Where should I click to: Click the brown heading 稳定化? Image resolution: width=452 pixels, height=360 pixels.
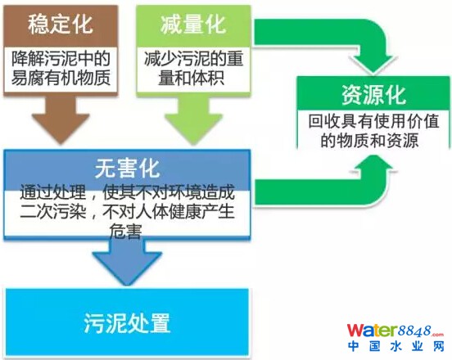[x=61, y=25]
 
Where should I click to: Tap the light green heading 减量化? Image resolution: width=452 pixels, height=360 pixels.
[x=193, y=25]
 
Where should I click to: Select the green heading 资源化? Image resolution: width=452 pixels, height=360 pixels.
[x=373, y=95]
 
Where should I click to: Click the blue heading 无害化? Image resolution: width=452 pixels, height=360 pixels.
[x=127, y=169]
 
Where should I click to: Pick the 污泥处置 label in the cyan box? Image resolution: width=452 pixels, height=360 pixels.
[x=127, y=323]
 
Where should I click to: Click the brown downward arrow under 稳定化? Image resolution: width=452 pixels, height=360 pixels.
[x=61, y=119]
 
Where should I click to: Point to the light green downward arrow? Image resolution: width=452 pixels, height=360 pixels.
[x=193, y=119]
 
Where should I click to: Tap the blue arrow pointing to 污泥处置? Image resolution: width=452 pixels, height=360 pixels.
[x=127, y=262]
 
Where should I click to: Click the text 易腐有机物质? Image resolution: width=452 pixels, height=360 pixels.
[x=61, y=77]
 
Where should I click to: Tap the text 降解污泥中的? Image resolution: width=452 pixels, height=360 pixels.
[x=61, y=58]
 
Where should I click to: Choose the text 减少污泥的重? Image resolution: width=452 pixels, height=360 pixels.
[x=193, y=58]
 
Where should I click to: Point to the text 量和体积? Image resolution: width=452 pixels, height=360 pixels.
[x=192, y=77]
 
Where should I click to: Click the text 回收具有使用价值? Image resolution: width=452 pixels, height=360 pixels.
[x=373, y=121]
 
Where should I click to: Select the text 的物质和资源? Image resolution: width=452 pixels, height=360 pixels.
[x=369, y=141]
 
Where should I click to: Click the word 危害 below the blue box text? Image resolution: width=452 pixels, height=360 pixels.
[x=125, y=231]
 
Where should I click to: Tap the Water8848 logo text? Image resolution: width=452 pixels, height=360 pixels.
[x=395, y=331]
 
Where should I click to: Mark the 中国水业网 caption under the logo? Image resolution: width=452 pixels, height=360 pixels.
[x=396, y=346]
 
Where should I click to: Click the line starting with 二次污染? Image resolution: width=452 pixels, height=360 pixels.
[x=127, y=212]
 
